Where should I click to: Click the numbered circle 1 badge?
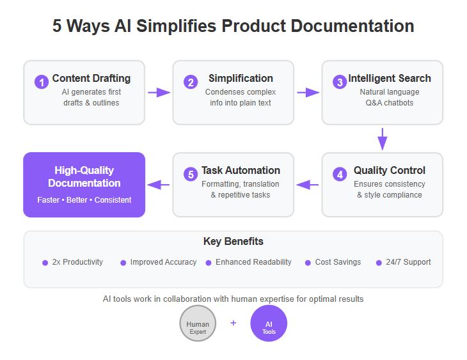coord(42,82)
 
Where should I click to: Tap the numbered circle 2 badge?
coord(191,82)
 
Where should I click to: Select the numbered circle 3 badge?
coord(340,82)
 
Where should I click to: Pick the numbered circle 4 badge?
coord(340,174)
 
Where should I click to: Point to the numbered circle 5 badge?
coord(191,174)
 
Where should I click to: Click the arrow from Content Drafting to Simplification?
coord(159,92)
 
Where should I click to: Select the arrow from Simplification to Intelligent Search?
coord(308,92)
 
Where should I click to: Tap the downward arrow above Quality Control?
coord(383,139)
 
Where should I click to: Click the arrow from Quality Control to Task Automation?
coord(308,185)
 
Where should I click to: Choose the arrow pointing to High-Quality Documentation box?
coord(159,185)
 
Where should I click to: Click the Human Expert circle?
coord(198,323)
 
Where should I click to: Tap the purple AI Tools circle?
coord(269,323)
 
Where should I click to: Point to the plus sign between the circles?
coord(233,323)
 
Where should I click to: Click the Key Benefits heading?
coord(233,241)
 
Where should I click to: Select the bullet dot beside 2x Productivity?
coord(45,263)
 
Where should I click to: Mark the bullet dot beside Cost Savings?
coord(308,263)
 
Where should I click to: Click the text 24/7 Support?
coord(408,262)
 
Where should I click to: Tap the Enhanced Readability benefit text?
coord(253,262)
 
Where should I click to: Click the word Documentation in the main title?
coord(352,26)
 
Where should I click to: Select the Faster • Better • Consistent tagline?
coord(84,200)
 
